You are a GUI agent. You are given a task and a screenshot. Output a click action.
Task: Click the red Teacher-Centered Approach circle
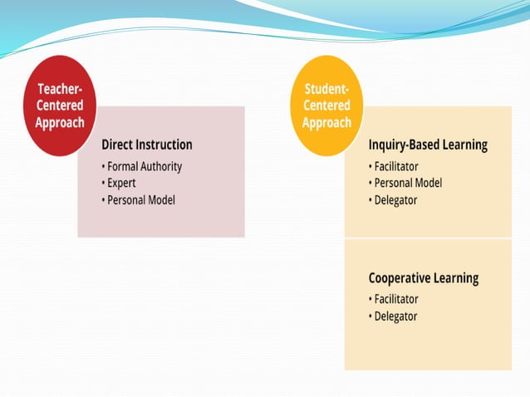pyautogui.click(x=60, y=106)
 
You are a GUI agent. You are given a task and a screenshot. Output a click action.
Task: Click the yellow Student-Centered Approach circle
pyautogui.click(x=326, y=106)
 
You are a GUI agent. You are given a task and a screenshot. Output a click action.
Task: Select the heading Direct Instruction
pyautogui.click(x=147, y=145)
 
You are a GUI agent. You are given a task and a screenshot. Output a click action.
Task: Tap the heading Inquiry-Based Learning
pyautogui.click(x=428, y=145)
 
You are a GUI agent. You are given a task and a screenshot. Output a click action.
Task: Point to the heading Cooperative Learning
pyautogui.click(x=424, y=278)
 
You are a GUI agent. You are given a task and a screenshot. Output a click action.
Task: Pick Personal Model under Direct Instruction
pyautogui.click(x=140, y=199)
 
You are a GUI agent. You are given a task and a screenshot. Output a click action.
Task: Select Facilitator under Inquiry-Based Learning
pyautogui.click(x=395, y=166)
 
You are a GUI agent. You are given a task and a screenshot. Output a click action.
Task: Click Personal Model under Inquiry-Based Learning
pyautogui.click(x=408, y=183)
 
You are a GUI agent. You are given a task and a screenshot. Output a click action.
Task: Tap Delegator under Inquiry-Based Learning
pyautogui.click(x=395, y=199)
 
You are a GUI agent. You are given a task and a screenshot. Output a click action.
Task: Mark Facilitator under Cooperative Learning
pyautogui.click(x=395, y=299)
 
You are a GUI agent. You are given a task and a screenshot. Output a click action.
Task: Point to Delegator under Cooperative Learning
pyautogui.click(x=395, y=316)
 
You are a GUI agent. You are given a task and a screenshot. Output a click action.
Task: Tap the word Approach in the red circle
pyautogui.click(x=60, y=123)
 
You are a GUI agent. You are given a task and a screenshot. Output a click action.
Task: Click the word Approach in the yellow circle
pyautogui.click(x=326, y=123)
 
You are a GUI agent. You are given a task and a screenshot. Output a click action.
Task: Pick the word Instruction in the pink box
pyautogui.click(x=165, y=145)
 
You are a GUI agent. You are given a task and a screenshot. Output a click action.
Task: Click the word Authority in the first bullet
pyautogui.click(x=163, y=166)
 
